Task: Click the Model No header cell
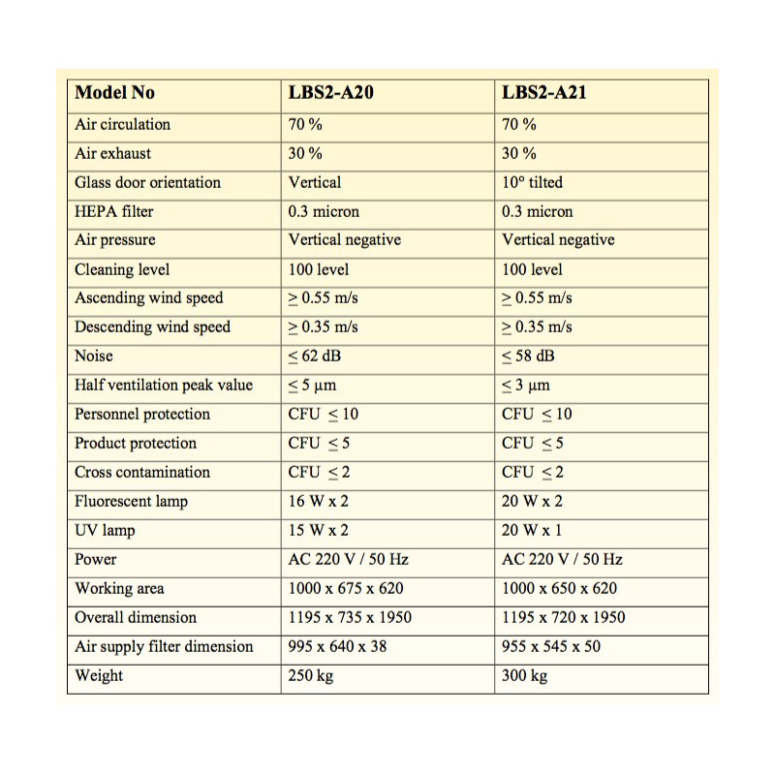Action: (114, 93)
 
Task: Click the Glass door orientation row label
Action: (147, 182)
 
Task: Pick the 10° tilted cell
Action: (532, 182)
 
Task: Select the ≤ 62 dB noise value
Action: (315, 356)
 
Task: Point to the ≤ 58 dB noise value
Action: (528, 356)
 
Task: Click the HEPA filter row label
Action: (113, 211)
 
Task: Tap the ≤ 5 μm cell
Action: (312, 385)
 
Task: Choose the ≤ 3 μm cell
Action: (525, 385)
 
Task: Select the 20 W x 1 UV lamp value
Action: (532, 530)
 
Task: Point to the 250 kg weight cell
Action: (310, 675)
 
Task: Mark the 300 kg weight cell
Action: (524, 675)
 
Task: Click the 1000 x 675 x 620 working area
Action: (346, 588)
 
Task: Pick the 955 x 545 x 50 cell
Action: (551, 646)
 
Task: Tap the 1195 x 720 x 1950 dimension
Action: (564, 617)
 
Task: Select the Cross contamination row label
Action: (142, 472)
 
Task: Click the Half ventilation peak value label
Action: (164, 385)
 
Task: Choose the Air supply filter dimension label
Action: (164, 646)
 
